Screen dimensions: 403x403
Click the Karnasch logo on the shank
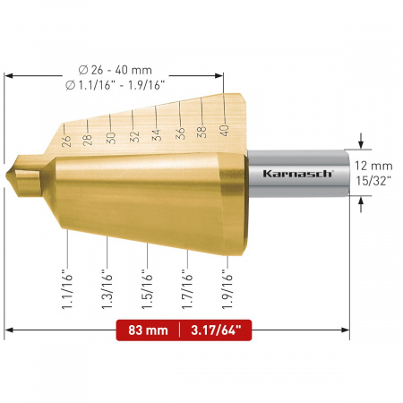(298, 174)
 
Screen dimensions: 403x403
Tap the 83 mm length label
(148, 330)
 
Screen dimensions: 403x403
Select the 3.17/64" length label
(216, 330)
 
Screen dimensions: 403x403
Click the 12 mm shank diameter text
(373, 166)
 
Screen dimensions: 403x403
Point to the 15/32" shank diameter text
(373, 181)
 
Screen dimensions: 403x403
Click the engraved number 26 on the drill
(66, 141)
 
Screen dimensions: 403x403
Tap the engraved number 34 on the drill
(157, 135)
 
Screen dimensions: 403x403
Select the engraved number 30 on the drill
(111, 138)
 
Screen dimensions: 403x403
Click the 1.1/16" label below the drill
(67, 288)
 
